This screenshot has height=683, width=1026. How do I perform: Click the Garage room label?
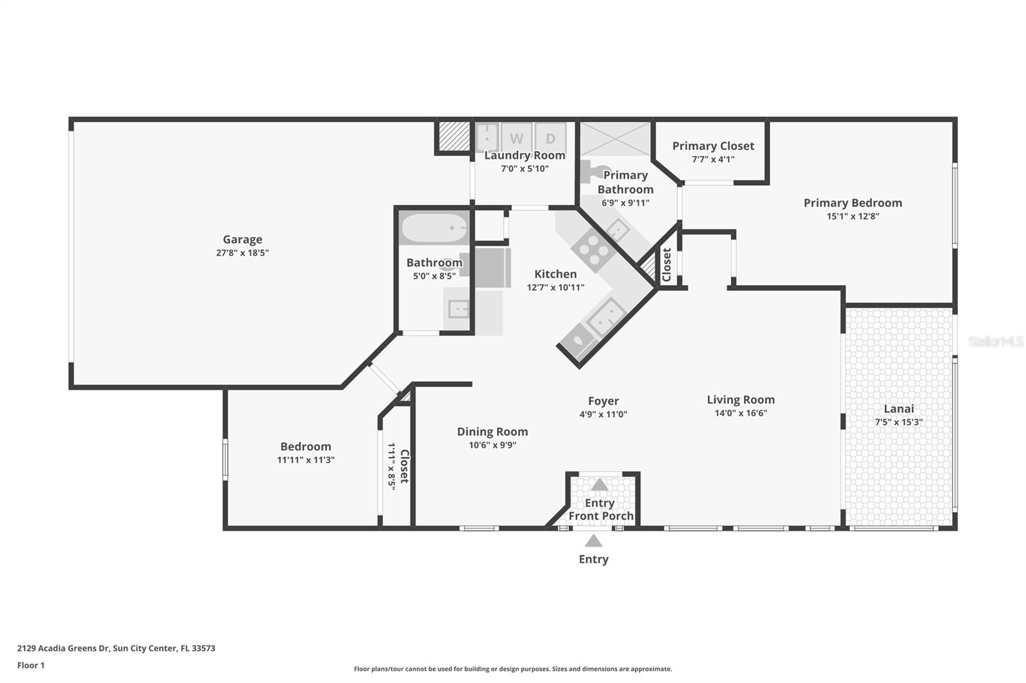(x=242, y=240)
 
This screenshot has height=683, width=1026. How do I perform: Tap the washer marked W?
(x=516, y=137)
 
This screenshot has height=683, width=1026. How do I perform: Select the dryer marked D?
(x=551, y=137)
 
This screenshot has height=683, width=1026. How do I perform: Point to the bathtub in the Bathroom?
(x=433, y=227)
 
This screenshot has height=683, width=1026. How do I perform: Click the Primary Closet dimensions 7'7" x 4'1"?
(x=713, y=160)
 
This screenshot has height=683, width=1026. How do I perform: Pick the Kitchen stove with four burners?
(x=593, y=250)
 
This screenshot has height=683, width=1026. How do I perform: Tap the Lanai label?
(x=898, y=409)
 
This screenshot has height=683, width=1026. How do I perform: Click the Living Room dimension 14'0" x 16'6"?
(x=741, y=413)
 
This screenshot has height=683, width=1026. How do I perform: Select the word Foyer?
(x=603, y=401)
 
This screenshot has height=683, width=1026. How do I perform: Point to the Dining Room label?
(x=492, y=432)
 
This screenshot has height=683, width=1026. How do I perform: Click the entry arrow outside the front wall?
(x=594, y=541)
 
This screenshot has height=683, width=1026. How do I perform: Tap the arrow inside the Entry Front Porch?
(x=599, y=485)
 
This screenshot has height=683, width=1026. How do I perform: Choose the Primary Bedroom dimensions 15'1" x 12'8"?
(x=853, y=216)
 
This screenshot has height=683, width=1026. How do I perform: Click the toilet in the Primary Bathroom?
(x=594, y=171)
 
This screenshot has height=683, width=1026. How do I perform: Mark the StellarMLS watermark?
(x=995, y=341)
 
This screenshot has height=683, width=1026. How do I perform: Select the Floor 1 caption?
(x=31, y=666)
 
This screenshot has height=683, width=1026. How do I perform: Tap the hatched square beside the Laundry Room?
(x=454, y=136)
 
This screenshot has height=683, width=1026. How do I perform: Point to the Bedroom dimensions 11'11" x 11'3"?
(x=305, y=459)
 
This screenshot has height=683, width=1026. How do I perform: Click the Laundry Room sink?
(x=487, y=137)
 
